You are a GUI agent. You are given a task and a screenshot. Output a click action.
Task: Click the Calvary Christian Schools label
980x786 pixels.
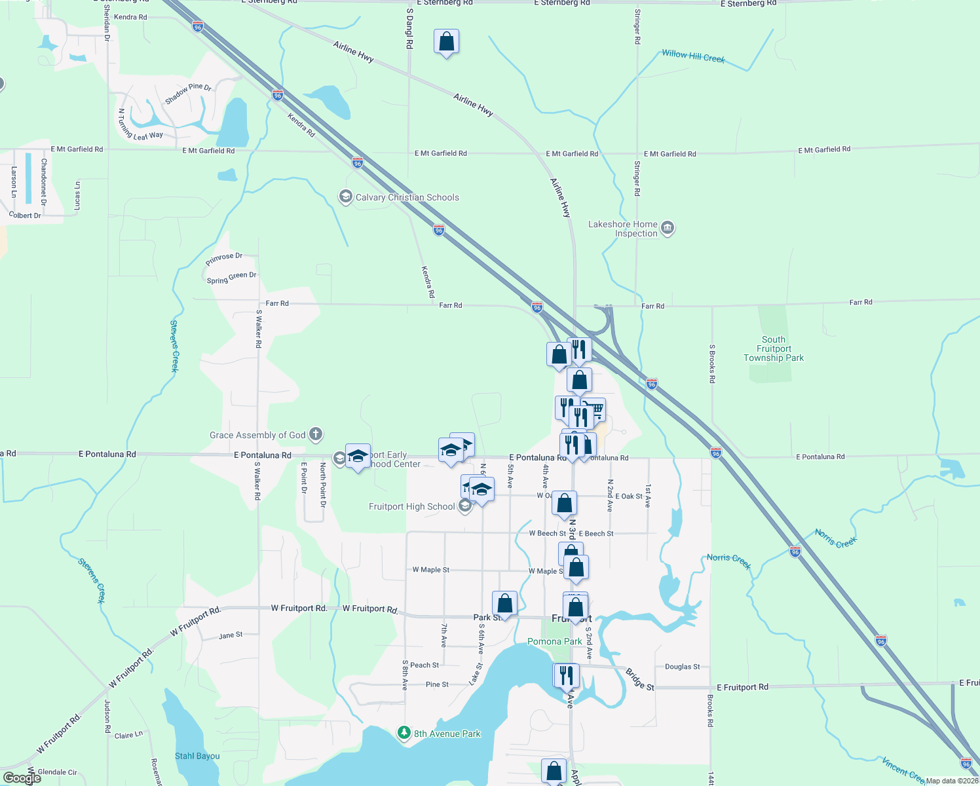[407, 197]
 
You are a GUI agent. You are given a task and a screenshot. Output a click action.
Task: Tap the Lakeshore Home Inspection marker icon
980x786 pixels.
[668, 228]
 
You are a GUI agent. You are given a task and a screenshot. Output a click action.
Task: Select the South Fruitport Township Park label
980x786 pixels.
[773, 348]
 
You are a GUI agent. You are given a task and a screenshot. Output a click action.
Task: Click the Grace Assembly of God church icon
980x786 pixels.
[316, 434]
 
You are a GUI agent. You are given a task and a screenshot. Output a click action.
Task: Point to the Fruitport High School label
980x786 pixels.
[411, 506]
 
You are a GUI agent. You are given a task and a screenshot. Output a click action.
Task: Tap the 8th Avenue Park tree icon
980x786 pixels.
[404, 733]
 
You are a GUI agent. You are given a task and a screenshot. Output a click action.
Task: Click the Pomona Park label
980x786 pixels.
[555, 641]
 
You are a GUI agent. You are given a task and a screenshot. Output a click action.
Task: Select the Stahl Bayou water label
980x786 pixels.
[197, 756]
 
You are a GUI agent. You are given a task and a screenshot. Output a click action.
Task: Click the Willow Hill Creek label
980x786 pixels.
[693, 56]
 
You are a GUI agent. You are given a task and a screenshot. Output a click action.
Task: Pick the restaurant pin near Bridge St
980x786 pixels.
[566, 675]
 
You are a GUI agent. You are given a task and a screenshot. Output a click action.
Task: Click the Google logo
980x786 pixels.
[22, 778]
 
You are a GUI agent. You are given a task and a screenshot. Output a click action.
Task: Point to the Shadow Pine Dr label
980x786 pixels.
[188, 94]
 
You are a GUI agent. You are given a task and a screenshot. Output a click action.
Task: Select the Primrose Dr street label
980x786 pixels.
[224, 259]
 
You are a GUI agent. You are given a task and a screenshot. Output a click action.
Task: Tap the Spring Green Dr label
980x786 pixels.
[231, 278]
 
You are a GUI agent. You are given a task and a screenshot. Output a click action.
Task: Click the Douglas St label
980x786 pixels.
[682, 667]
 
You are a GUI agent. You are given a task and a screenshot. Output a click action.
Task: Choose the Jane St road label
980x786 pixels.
[231, 635]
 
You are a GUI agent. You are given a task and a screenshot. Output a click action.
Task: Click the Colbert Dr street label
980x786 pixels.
[25, 215]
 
